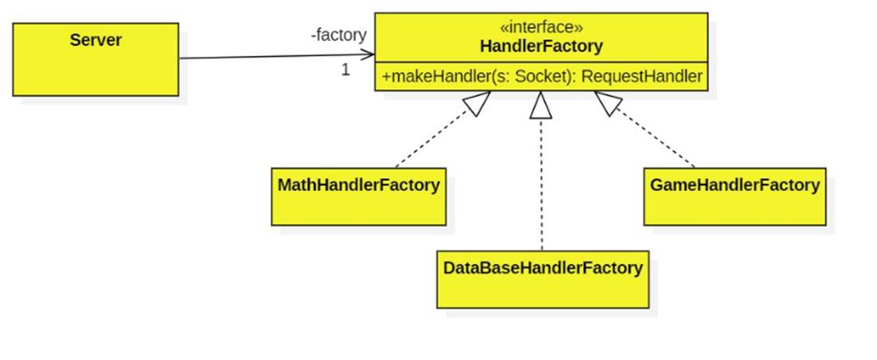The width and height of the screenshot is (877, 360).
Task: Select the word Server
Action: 95,40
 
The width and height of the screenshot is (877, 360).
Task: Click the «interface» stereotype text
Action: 541,27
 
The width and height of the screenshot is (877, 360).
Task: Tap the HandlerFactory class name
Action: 541,46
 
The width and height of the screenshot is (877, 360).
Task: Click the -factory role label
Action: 337,35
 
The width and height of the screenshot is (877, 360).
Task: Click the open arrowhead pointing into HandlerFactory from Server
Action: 368,55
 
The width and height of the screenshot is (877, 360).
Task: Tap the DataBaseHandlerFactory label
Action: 543,268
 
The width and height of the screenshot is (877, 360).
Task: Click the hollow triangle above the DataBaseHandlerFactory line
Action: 541,105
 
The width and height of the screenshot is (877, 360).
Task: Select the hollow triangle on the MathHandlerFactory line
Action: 477,103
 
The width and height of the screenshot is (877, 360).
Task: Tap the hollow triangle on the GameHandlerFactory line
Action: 606,103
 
